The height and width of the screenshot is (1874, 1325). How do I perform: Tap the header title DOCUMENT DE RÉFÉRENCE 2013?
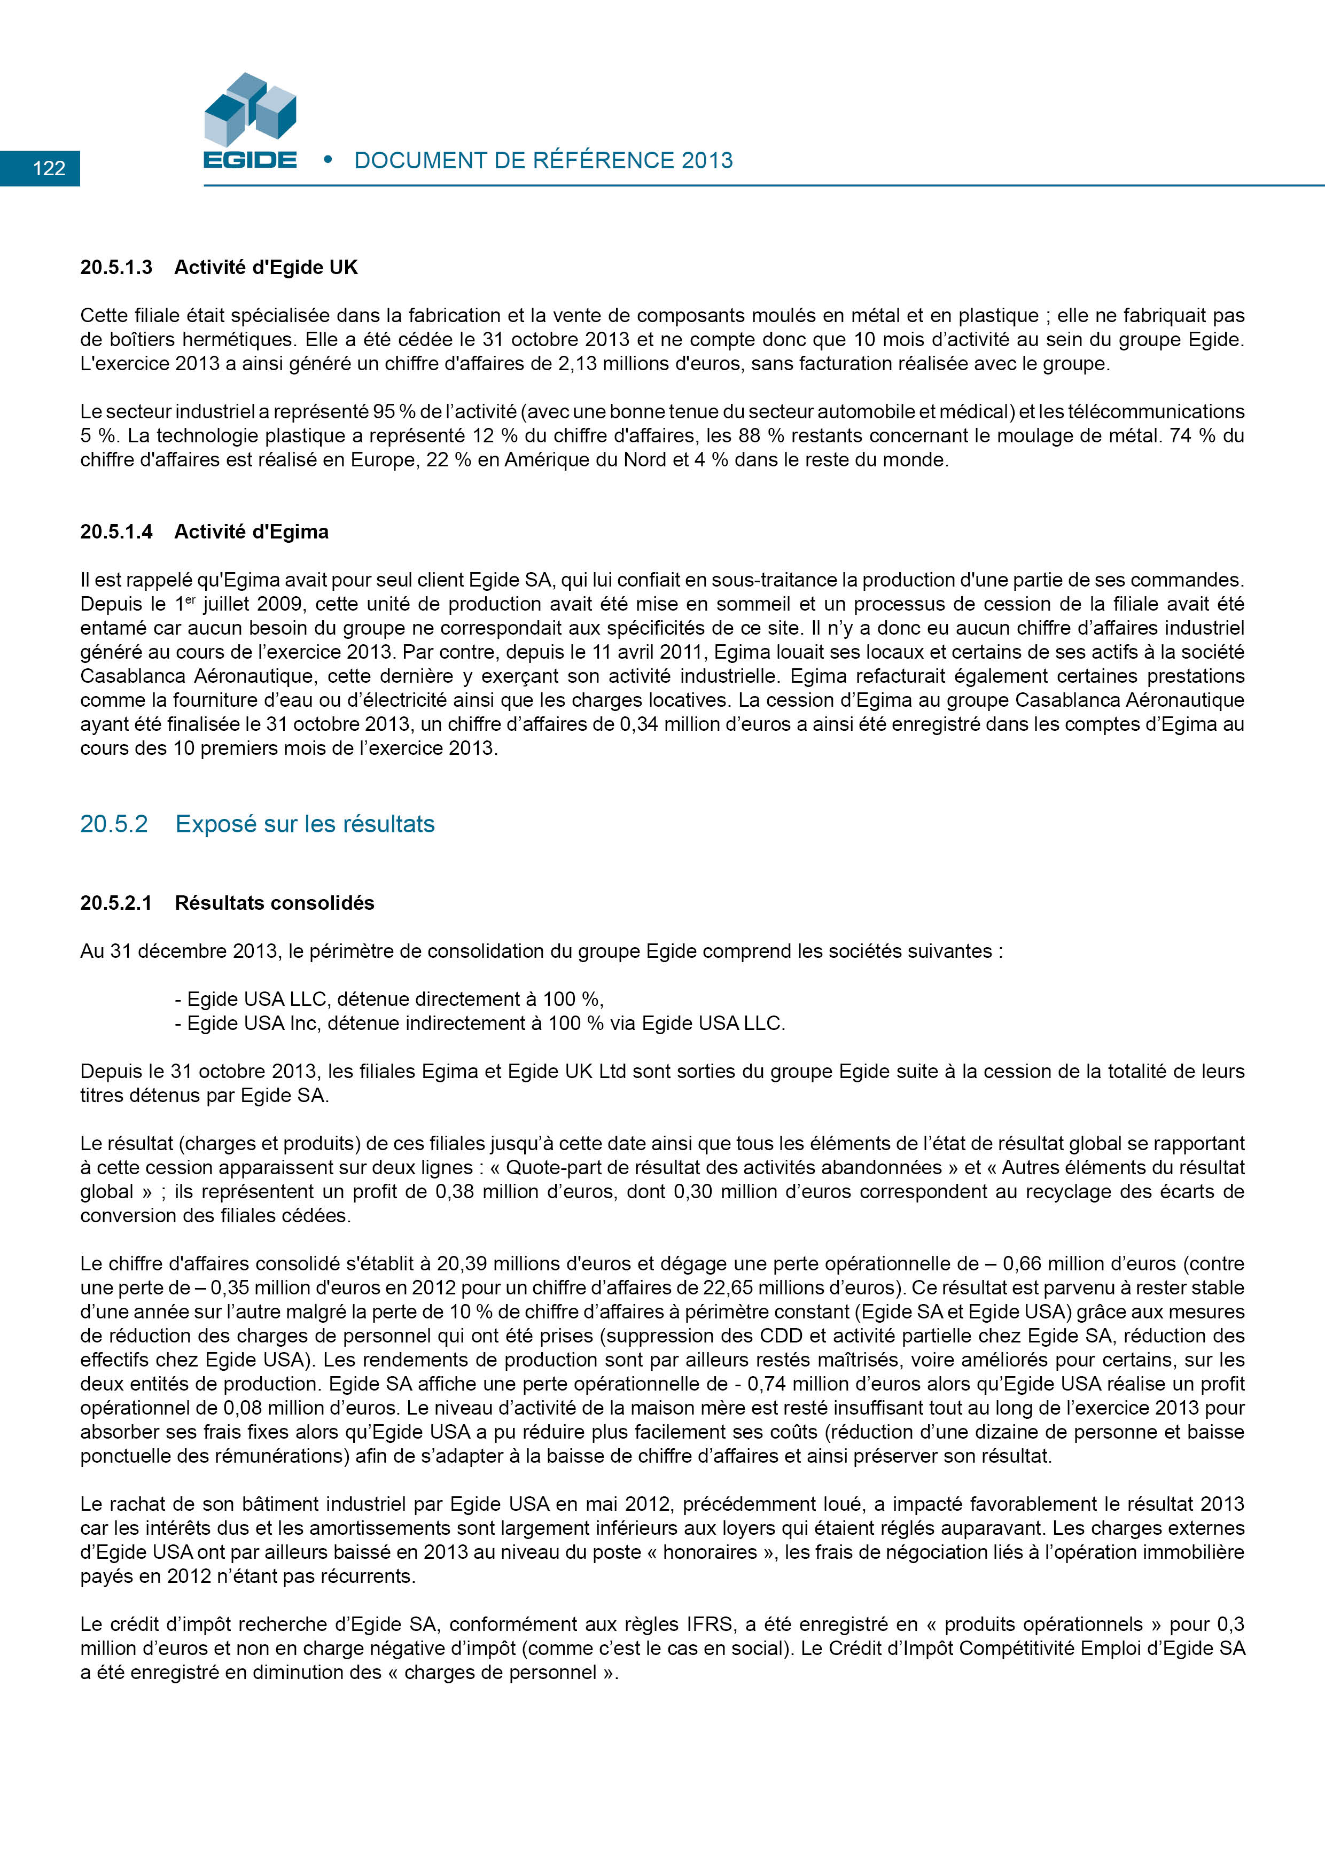pyautogui.click(x=543, y=161)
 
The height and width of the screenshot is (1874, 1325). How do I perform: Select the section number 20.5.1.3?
pyautogui.click(x=116, y=268)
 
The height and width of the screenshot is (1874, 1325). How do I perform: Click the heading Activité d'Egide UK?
pyautogui.click(x=266, y=268)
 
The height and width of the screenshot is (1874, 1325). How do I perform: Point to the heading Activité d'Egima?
pyautogui.click(x=252, y=532)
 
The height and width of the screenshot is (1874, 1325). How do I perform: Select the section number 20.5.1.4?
pyautogui.click(x=116, y=532)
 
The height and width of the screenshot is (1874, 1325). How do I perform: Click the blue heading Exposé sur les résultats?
pyautogui.click(x=305, y=824)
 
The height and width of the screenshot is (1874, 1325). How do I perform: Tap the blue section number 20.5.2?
pyautogui.click(x=113, y=824)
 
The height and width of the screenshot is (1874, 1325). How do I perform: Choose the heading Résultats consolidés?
pyautogui.click(x=274, y=903)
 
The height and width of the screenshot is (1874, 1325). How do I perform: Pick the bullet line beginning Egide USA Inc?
pyautogui.click(x=479, y=1024)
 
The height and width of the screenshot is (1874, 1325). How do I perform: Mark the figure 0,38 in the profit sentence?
pyautogui.click(x=453, y=1192)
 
